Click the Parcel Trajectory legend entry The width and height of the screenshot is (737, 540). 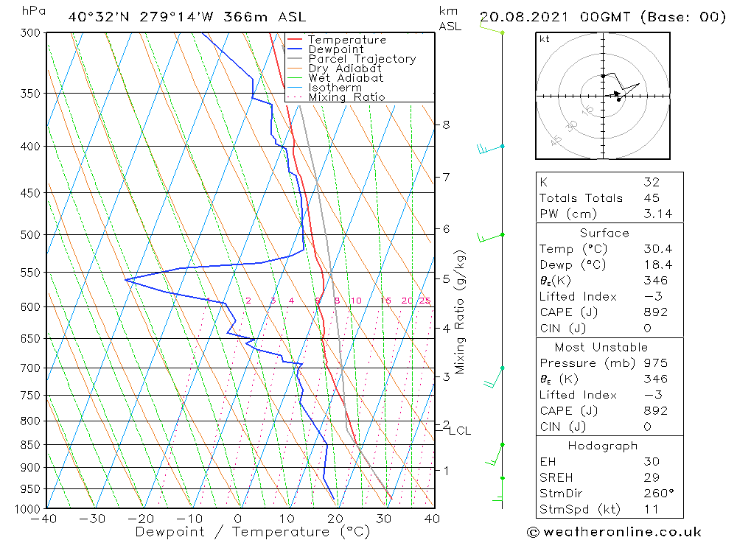point(362,59)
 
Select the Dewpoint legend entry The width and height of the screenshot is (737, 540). point(335,49)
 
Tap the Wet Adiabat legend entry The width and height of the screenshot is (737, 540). point(346,78)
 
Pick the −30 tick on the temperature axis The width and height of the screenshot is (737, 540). point(93,519)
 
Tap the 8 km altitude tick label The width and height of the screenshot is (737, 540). point(446,125)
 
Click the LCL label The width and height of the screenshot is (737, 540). point(460,431)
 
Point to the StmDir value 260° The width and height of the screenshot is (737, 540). point(654,493)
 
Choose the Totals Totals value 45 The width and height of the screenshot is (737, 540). point(651,198)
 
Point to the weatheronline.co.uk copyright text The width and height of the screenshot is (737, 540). point(615,532)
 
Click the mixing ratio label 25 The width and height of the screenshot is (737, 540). point(425,301)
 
